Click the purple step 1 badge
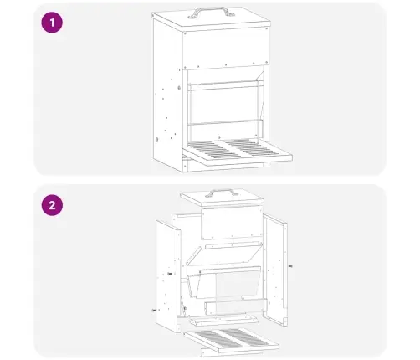(x=52, y=23)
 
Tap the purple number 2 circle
(x=52, y=205)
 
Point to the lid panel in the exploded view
(x=222, y=198)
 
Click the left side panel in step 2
(x=168, y=276)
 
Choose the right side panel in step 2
(x=275, y=270)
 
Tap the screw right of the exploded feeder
(x=290, y=266)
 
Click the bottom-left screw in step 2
(x=154, y=310)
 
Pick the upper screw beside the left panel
(x=170, y=274)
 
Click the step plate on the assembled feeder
(x=237, y=152)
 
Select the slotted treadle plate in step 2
(x=232, y=339)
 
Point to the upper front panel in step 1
(x=225, y=48)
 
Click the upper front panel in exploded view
(x=232, y=223)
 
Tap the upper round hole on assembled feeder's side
(x=179, y=88)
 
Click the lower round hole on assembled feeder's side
(x=157, y=140)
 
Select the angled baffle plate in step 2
(x=224, y=253)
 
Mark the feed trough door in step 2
(x=224, y=282)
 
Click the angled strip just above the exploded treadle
(x=223, y=321)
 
